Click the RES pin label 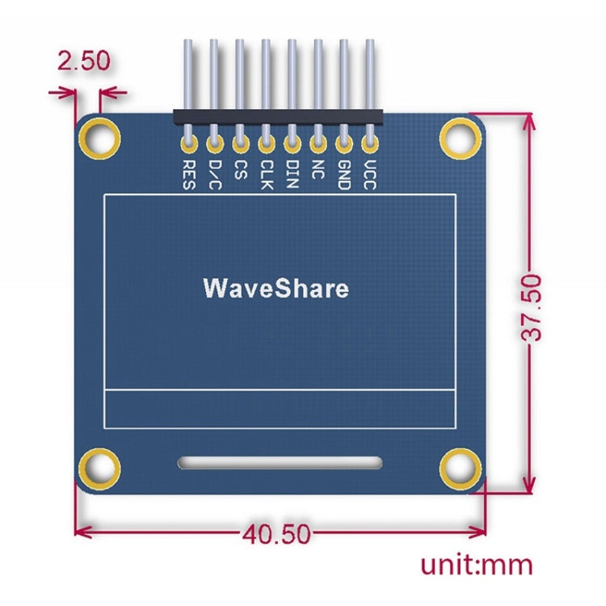click(x=189, y=174)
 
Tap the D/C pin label click(x=215, y=174)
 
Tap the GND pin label click(x=344, y=175)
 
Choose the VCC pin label click(x=370, y=175)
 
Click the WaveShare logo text click(x=276, y=288)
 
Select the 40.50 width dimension click(x=276, y=533)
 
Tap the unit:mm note click(x=476, y=563)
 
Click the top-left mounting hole click(x=101, y=138)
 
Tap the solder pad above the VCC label click(x=370, y=145)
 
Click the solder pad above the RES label click(x=189, y=145)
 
